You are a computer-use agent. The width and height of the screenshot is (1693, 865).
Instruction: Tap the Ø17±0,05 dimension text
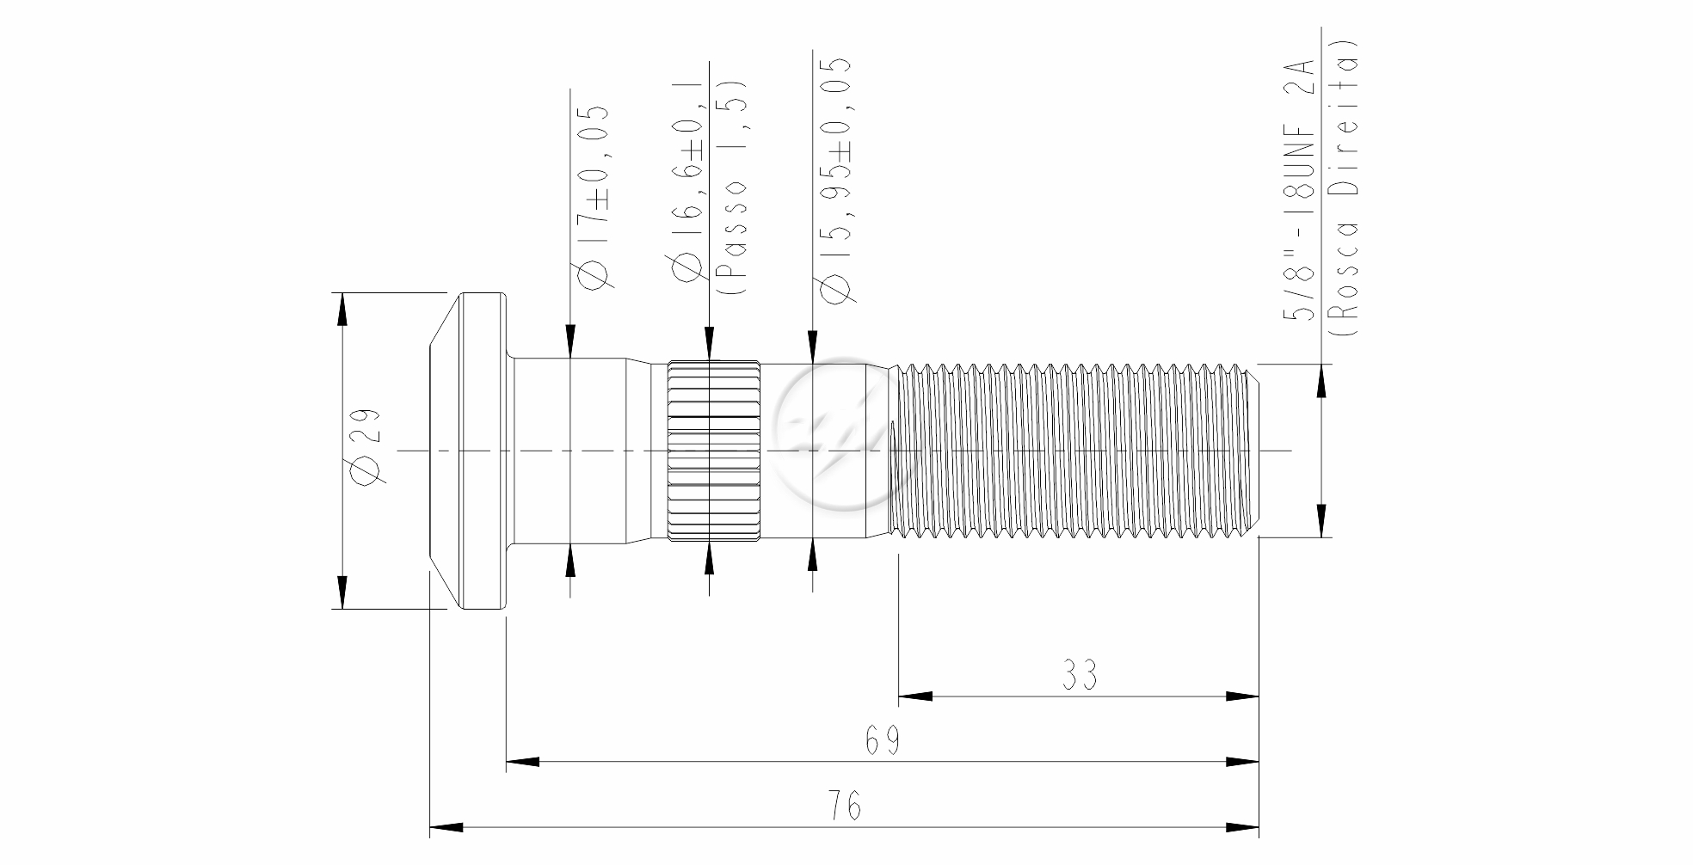(594, 199)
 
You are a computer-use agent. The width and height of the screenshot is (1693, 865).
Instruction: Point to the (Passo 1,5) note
(732, 189)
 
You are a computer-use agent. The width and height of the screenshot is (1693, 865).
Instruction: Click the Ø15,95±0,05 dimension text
(834, 180)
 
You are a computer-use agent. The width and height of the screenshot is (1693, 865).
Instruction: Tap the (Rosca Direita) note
(1344, 187)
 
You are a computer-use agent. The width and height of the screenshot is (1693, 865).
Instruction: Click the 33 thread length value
(1079, 675)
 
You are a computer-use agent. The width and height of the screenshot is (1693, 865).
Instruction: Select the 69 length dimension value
(883, 740)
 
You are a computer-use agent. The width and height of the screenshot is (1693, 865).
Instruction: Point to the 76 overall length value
(845, 806)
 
